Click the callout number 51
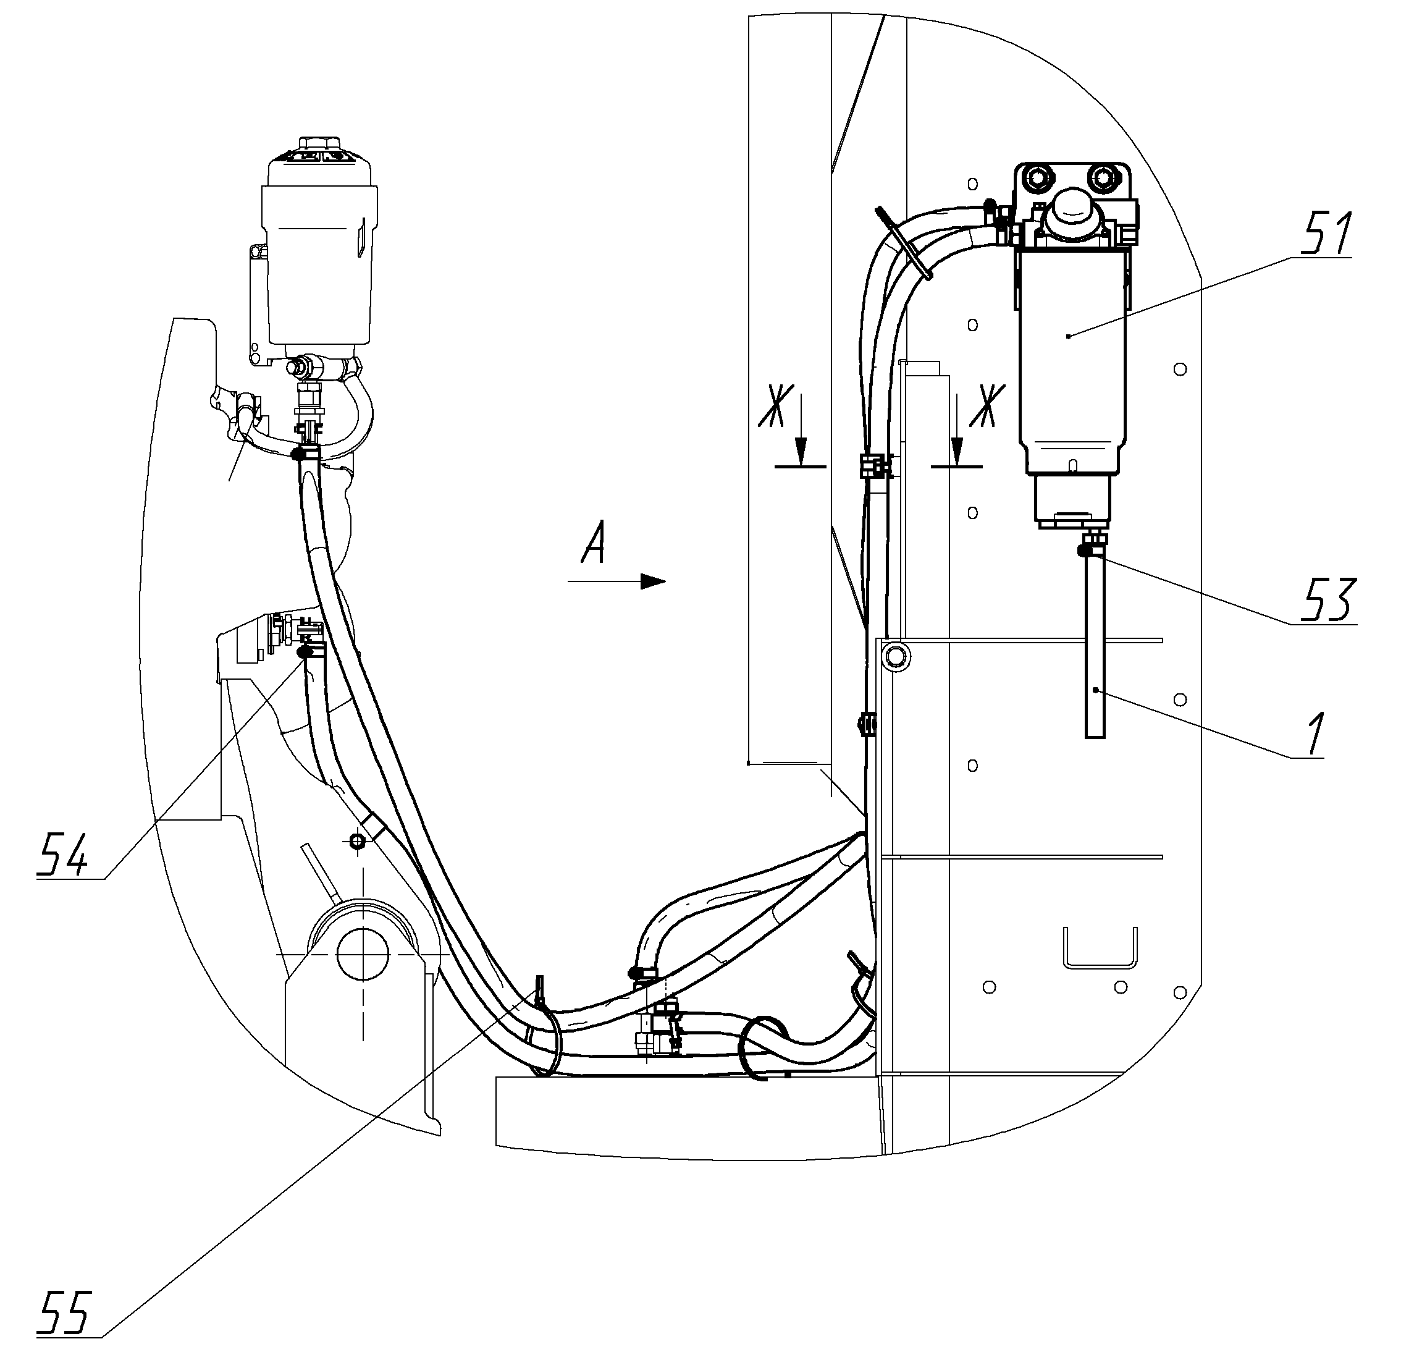[x=1326, y=233]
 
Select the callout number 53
[x=1330, y=599]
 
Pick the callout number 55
[x=64, y=1312]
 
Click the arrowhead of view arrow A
[x=653, y=581]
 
